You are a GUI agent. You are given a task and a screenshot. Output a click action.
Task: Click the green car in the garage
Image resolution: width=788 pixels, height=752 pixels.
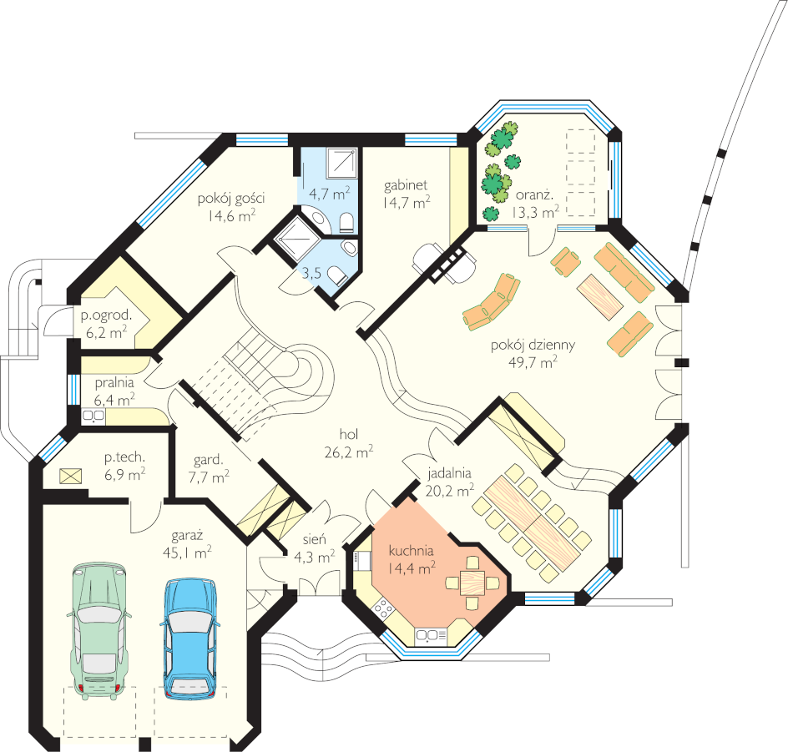point(99,630)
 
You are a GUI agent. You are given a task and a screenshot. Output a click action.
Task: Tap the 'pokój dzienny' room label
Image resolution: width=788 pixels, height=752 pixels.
point(533,345)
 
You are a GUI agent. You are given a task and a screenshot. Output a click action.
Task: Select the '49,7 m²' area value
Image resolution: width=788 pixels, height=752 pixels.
point(533,361)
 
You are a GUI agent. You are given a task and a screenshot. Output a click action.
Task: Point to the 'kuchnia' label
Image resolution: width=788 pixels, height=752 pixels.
point(411,551)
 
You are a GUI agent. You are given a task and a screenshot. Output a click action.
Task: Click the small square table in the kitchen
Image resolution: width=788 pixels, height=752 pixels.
point(472,583)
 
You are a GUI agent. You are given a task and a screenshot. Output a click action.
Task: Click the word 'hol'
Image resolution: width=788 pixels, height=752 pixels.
point(349,434)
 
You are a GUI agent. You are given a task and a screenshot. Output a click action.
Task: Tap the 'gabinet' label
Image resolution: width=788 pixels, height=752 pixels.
point(406,185)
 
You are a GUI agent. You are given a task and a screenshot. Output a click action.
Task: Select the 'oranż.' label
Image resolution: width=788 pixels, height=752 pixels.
point(534,195)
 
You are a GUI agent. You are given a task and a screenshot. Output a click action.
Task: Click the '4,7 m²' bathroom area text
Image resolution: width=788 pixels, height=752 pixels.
point(329,194)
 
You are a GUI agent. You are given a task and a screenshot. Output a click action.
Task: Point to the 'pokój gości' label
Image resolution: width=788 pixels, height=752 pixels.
point(231,199)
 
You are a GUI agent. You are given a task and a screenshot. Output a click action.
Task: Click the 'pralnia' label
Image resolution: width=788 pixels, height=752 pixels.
point(114,383)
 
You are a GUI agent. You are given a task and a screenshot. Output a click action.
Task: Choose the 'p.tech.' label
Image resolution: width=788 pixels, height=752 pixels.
point(124,457)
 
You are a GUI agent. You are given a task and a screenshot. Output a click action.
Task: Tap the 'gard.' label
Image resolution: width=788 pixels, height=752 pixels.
point(208,460)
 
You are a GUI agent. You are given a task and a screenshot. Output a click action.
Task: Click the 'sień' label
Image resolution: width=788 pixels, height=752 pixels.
point(315,539)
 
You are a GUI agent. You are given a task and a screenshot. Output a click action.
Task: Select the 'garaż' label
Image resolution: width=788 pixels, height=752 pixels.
point(187,536)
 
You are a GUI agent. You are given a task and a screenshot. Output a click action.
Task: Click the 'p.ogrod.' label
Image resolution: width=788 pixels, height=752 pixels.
point(107,316)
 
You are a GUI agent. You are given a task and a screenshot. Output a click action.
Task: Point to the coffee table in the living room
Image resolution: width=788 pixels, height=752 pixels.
point(600,296)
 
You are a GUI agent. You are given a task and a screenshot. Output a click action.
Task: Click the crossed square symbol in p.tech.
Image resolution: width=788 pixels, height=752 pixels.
point(71,476)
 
